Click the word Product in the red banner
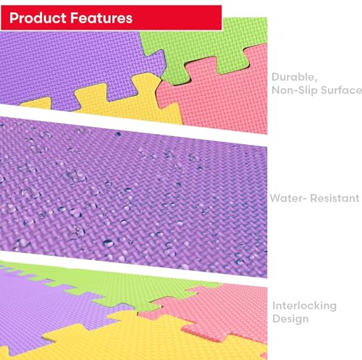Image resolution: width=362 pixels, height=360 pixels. point(38,18)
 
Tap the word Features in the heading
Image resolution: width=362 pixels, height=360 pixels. point(101,18)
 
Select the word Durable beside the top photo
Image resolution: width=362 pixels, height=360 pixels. point(294,78)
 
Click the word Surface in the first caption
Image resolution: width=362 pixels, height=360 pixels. point(341,91)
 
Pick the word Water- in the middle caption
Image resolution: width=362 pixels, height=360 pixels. point(288,198)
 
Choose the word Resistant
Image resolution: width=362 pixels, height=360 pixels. point(334,198)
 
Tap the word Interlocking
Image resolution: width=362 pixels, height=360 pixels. point(305,306)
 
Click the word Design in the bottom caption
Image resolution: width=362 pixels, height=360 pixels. point(290,319)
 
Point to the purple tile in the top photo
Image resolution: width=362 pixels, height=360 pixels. point(72,65)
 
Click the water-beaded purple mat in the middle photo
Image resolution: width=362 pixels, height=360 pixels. point(133,197)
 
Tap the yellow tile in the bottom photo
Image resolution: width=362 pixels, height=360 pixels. point(145,338)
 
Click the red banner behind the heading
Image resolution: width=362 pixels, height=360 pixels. point(111,17)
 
